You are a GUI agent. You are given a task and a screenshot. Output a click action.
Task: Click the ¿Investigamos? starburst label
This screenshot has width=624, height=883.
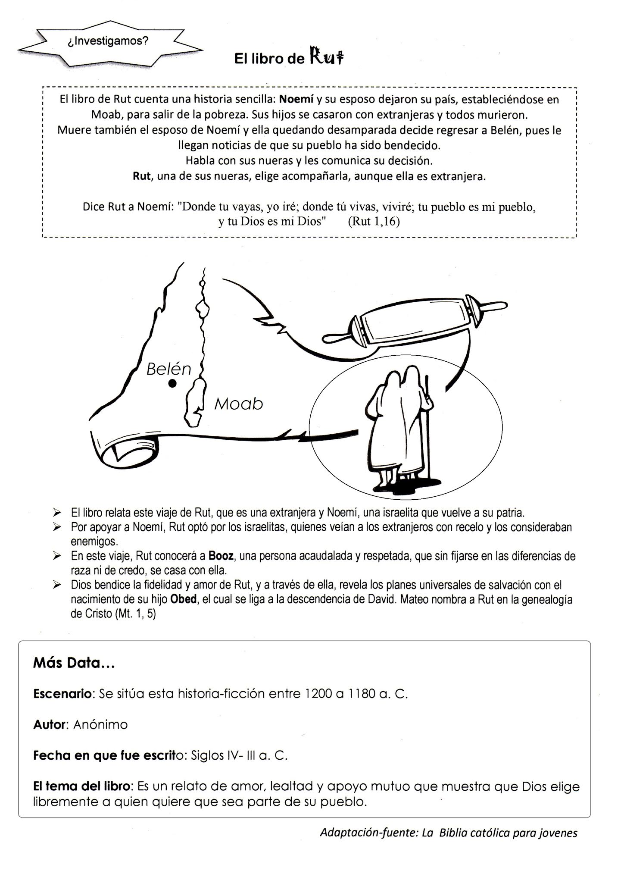coord(108,41)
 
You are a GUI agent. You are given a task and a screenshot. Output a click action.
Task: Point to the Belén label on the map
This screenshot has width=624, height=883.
coord(168,369)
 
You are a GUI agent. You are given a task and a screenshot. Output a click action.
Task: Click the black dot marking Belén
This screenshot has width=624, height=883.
coord(172,383)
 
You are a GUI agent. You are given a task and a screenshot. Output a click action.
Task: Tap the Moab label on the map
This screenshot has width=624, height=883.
coord(238,404)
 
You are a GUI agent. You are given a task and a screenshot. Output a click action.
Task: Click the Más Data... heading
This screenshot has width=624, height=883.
coord(74,663)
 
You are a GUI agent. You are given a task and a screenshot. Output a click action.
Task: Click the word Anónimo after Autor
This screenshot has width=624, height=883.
coord(100,725)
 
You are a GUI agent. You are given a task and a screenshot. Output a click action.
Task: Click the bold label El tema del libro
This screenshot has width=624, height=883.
coord(81,786)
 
